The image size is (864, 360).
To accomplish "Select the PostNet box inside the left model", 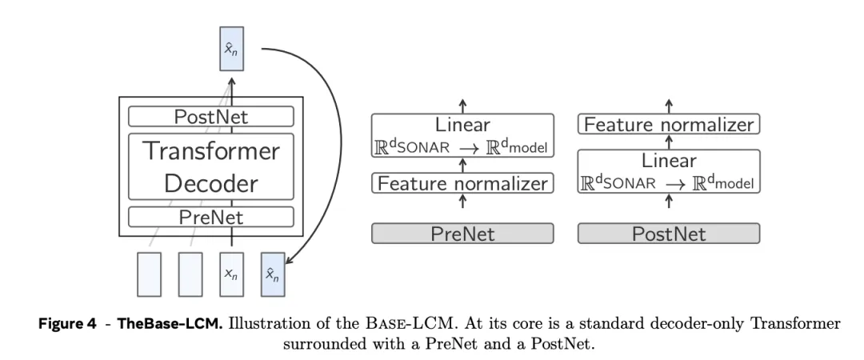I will click(x=211, y=117).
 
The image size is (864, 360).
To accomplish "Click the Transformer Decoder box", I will click(x=211, y=166).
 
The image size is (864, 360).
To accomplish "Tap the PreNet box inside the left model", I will click(x=211, y=217).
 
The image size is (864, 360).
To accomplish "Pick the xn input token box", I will click(x=231, y=274).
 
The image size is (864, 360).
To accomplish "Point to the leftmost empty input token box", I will click(x=150, y=274).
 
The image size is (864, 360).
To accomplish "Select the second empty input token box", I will click(x=190, y=274).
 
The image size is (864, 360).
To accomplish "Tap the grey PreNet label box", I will click(x=462, y=234).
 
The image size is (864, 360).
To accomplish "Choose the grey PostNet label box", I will click(x=669, y=234).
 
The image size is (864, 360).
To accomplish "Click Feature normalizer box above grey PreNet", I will click(x=462, y=183).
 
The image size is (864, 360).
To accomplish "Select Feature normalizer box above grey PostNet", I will click(x=669, y=125).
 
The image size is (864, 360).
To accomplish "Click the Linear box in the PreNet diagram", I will click(x=462, y=135).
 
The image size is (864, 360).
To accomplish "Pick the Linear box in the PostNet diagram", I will click(x=669, y=170).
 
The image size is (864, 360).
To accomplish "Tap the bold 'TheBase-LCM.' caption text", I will click(x=170, y=324).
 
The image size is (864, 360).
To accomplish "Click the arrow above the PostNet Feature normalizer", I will click(x=669, y=106).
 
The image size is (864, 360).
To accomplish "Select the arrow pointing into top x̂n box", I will click(x=231, y=83).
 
